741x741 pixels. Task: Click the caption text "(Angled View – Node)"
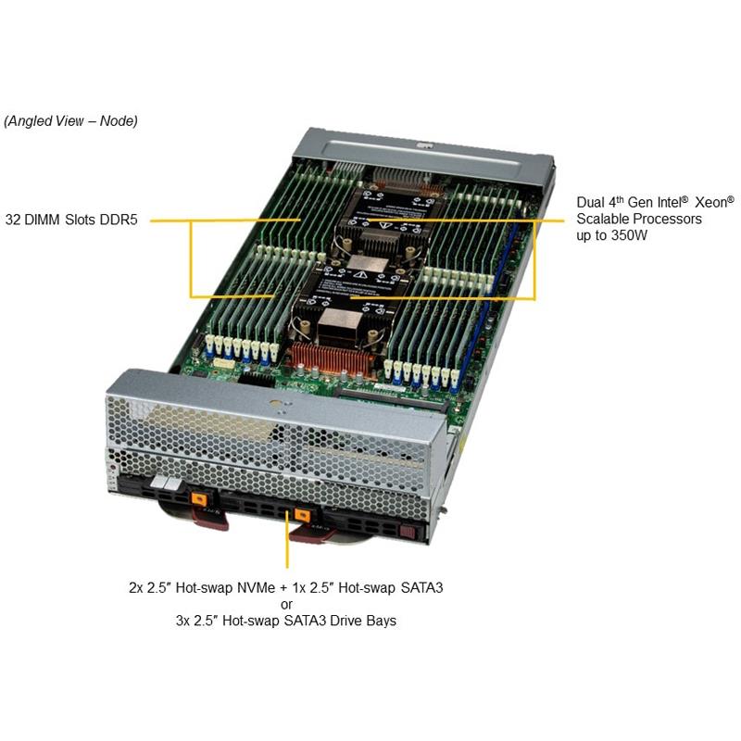pyautogui.click(x=71, y=121)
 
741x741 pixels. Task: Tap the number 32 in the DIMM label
pyautogui.click(x=12, y=220)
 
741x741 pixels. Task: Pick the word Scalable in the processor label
pyautogui.click(x=603, y=219)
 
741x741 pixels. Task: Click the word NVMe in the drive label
pyautogui.click(x=257, y=588)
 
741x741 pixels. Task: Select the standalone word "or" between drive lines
pyautogui.click(x=286, y=605)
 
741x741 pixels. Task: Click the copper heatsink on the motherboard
pyautogui.click(x=330, y=359)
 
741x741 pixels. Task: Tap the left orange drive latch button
pyautogui.click(x=199, y=499)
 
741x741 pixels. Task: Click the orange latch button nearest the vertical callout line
pyautogui.click(x=302, y=515)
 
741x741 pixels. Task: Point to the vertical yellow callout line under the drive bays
pyautogui.click(x=287, y=539)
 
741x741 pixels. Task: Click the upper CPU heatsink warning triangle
pyautogui.click(x=384, y=226)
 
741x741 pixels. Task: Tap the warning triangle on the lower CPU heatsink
pyautogui.click(x=360, y=274)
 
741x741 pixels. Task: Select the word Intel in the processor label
pyautogui.click(x=667, y=203)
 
